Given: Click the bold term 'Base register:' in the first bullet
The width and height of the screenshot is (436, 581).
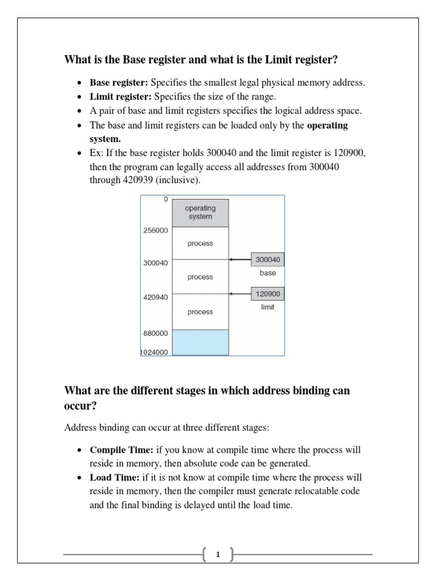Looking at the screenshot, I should point(119,83).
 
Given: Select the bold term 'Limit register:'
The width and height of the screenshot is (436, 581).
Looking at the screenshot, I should point(121,97).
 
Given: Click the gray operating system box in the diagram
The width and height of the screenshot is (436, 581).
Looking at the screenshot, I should point(200,213).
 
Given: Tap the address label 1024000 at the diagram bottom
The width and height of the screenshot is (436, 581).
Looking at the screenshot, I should point(154,352).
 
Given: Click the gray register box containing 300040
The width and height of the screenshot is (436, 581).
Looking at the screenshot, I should point(268,259).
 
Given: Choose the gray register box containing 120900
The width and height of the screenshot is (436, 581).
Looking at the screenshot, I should point(268,293).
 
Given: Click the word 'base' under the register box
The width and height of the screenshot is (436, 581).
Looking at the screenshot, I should point(268,273).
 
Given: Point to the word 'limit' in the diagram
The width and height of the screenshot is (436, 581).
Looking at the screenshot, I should point(268,307).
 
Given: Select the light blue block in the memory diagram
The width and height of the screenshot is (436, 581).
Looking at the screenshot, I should point(200,342).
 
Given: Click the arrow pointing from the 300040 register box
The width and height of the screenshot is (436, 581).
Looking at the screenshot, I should point(240,260).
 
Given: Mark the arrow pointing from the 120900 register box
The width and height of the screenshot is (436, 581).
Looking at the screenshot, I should point(240,294).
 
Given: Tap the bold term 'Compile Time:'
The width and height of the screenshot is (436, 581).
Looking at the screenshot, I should point(121,450).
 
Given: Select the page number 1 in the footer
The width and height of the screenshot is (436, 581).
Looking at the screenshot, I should point(218,555).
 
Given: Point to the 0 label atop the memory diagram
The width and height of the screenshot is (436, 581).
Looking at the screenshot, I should point(165,199).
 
